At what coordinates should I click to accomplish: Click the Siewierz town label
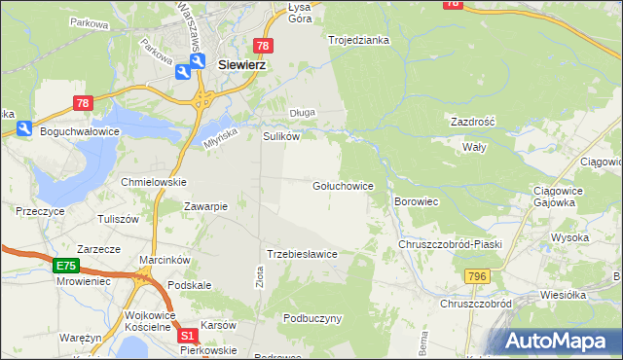[x=242, y=64]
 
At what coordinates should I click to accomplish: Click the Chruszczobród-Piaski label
[x=449, y=244]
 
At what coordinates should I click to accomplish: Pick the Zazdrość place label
[x=472, y=123]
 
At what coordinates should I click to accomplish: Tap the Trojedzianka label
[x=358, y=40]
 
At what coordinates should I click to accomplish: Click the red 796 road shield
[x=476, y=277]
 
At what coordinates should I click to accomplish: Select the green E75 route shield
[x=65, y=265]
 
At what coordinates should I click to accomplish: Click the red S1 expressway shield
[x=189, y=336]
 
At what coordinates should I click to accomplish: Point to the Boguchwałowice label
[x=79, y=129]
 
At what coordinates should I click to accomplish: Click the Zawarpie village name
[x=206, y=206]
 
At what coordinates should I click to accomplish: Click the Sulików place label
[x=280, y=137]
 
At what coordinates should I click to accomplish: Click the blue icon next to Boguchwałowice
[x=24, y=128]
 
